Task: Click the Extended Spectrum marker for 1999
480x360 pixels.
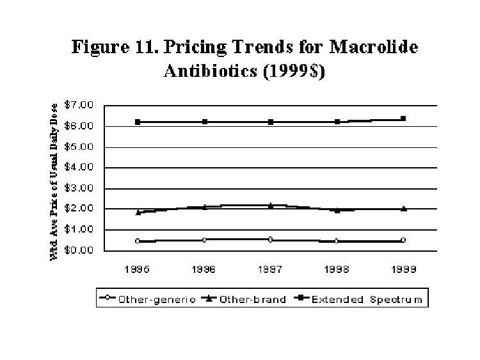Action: [403, 119]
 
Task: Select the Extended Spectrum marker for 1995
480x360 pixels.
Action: [138, 122]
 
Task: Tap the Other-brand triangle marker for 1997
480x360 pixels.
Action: [271, 206]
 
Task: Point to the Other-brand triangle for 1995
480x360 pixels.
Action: [138, 212]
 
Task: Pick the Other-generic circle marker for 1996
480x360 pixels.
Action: [204, 240]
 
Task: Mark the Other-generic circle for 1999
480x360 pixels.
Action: [403, 240]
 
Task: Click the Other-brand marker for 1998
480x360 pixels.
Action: [337, 209]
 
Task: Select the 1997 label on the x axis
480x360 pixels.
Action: [271, 270]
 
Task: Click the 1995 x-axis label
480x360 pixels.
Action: [138, 270]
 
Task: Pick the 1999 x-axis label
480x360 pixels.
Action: [403, 270]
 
